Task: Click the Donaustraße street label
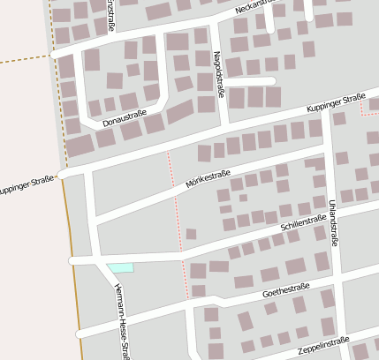tap(123, 116)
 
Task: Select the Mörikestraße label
tap(208, 182)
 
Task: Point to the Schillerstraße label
tap(303, 222)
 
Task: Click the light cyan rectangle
tap(120, 267)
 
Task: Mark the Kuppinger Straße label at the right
tap(336, 102)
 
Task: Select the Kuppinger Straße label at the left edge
tap(27, 184)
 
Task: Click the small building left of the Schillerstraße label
tap(191, 234)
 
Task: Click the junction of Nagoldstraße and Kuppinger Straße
tap(226, 124)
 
